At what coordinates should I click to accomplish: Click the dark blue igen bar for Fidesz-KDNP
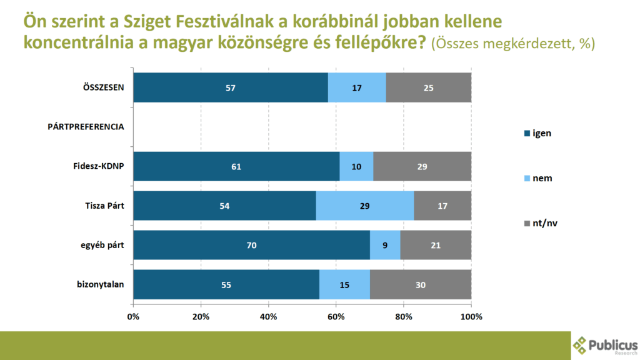236,167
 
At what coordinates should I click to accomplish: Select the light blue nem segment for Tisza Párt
364,206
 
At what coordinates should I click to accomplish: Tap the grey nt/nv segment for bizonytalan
420,284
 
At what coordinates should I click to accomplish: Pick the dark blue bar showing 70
251,245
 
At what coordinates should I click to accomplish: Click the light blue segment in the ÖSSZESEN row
357,87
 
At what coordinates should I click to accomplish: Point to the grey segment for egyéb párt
436,245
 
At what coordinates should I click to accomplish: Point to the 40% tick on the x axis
269,316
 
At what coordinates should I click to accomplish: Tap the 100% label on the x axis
471,316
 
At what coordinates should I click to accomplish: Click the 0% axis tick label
133,316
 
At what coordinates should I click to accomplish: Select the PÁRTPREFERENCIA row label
86,127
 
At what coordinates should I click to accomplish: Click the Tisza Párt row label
104,206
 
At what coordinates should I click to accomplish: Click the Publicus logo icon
581,344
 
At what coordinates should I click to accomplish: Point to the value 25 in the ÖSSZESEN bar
428,87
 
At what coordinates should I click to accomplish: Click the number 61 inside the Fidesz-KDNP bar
236,167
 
